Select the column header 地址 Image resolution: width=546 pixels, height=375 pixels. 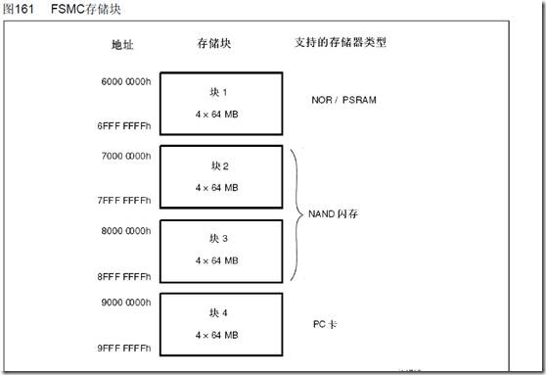tap(123, 45)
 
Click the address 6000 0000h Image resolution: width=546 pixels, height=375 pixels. tap(124, 83)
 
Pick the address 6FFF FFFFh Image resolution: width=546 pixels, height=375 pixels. tap(124, 127)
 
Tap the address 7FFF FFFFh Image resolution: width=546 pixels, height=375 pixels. tap(124, 201)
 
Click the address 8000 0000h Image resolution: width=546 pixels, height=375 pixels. tap(124, 230)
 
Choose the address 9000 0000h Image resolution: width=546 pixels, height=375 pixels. tap(124, 304)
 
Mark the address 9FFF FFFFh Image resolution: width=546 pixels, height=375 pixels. tap(124, 349)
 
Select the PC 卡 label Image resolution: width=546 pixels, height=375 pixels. tap(325, 322)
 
